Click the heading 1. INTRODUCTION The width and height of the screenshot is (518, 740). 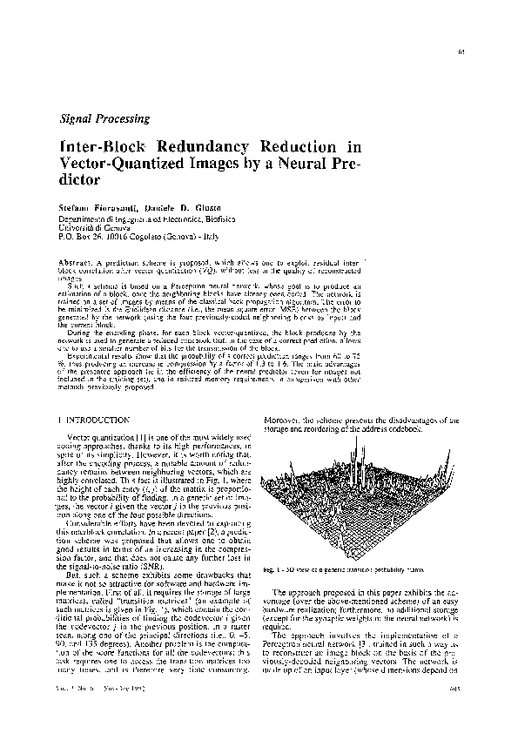click(97, 420)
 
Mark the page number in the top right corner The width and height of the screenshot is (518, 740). click(459, 54)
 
